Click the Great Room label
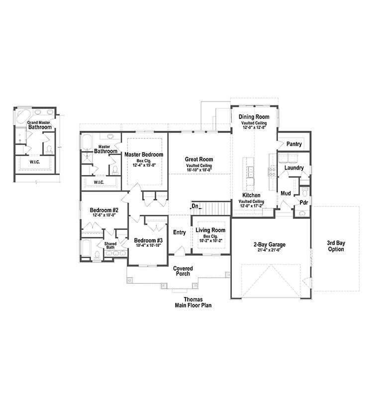coord(199,159)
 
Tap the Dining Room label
coord(254,116)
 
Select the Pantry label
coord(294,144)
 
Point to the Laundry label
coord(294,168)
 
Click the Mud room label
coord(285,193)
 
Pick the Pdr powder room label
coord(303,203)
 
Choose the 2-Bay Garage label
coord(269,244)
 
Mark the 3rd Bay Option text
coord(336,246)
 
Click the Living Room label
coord(210,230)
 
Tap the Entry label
coord(179,232)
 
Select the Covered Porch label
coord(183,272)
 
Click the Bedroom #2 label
coord(104,210)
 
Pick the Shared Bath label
coord(110,245)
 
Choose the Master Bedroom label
coord(144,155)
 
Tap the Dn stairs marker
coord(195,206)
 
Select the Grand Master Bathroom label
coord(39,125)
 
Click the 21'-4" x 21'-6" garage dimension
coord(269,251)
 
